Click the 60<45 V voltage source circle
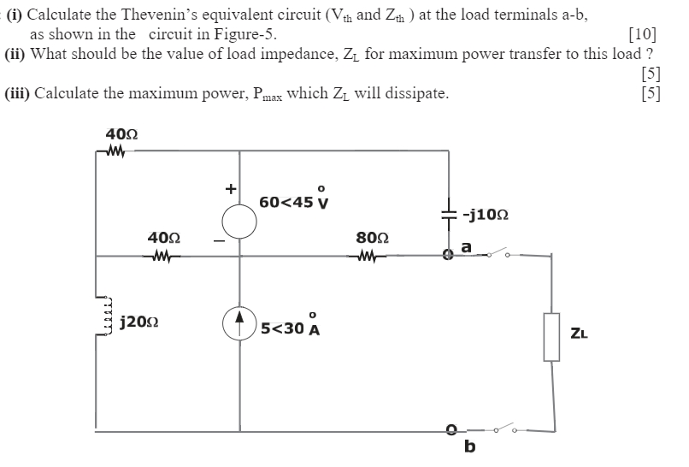click(x=239, y=222)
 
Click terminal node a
click(x=447, y=254)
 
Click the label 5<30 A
click(x=290, y=326)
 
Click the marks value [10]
click(x=642, y=35)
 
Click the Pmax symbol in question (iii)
click(x=258, y=94)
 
